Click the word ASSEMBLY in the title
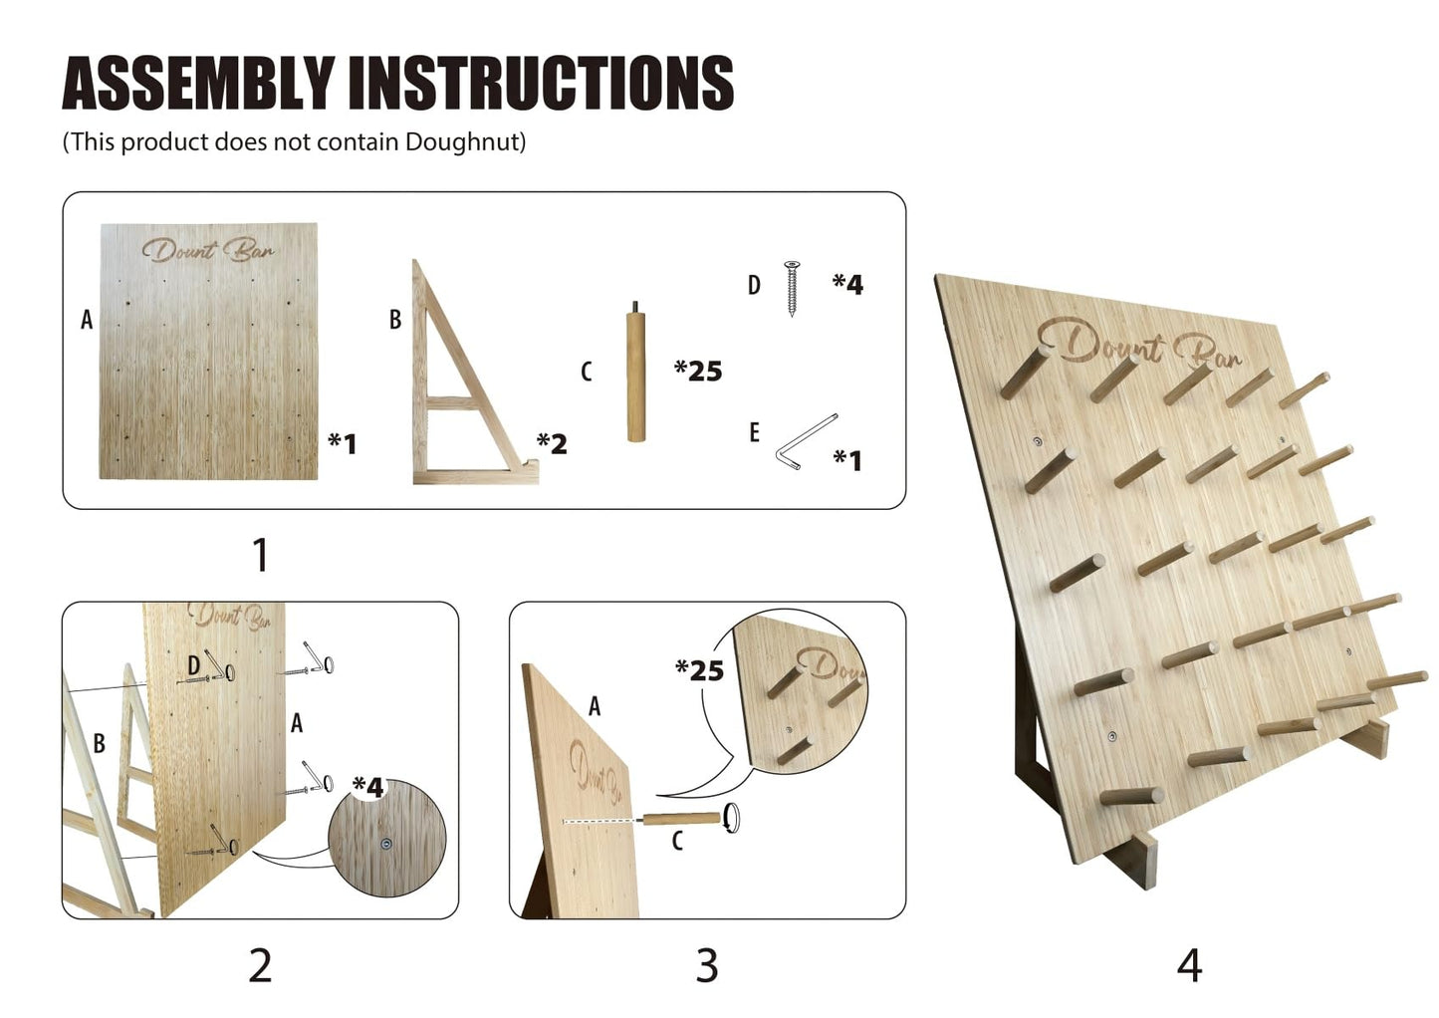click(198, 83)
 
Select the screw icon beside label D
click(792, 289)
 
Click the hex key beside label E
click(806, 442)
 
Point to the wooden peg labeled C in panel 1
click(636, 373)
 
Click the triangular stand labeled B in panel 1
click(474, 373)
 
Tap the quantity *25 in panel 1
click(698, 371)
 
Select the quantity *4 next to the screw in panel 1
click(848, 284)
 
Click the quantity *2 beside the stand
click(552, 443)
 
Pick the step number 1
click(260, 555)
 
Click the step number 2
click(260, 965)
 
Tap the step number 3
click(707, 965)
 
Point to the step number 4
click(1189, 965)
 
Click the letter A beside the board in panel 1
click(87, 320)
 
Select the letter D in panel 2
click(194, 665)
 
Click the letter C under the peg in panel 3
click(677, 841)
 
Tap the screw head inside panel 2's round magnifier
click(385, 845)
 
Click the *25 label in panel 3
click(699, 670)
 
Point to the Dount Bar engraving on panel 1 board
click(208, 251)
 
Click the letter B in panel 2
click(99, 743)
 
